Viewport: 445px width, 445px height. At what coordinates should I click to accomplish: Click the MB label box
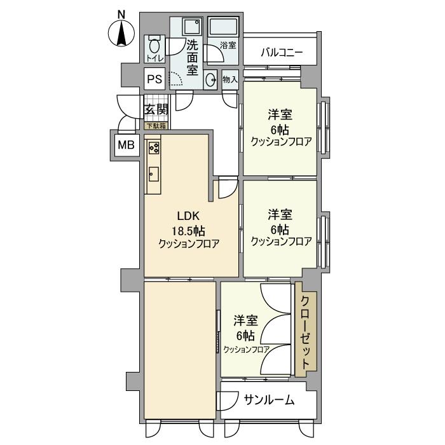point(125,145)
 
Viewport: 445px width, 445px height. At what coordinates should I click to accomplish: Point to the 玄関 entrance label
point(156,109)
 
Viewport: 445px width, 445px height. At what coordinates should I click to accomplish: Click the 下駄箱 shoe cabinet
point(156,126)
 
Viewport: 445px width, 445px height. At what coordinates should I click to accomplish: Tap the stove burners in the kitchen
point(154,148)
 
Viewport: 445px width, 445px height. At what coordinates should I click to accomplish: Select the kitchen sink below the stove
point(153,172)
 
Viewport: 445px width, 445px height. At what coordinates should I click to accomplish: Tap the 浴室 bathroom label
point(228,46)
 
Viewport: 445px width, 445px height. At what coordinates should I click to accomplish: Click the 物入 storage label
point(229,79)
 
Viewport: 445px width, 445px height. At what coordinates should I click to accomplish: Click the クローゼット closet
point(305,332)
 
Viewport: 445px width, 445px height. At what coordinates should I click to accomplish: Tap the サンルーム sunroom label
point(269,400)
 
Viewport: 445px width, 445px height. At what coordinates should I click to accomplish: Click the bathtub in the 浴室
point(223,27)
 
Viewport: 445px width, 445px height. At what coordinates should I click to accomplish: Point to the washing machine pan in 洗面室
point(191,27)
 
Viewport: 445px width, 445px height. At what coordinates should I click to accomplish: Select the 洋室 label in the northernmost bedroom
point(280,115)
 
